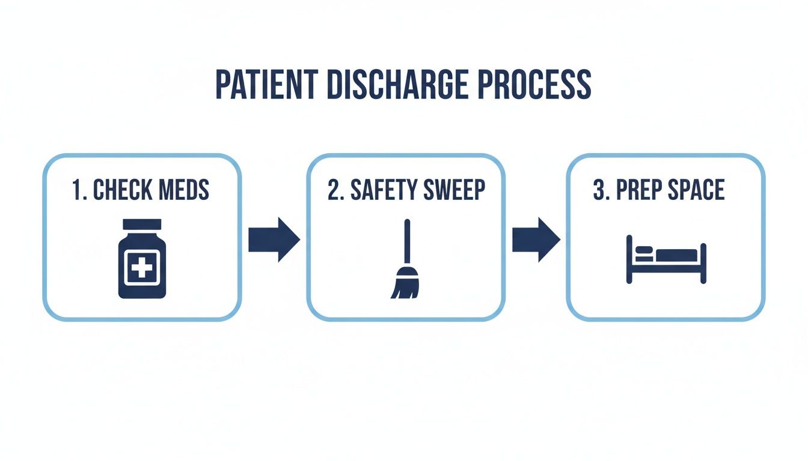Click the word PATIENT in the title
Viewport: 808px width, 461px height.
pos(265,85)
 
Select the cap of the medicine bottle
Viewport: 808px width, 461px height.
pos(142,224)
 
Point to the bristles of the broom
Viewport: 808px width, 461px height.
pos(404,287)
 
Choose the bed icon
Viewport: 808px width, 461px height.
pos(666,259)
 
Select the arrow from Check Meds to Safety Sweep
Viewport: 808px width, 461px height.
pos(274,240)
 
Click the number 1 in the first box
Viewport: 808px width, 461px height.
pos(76,190)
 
